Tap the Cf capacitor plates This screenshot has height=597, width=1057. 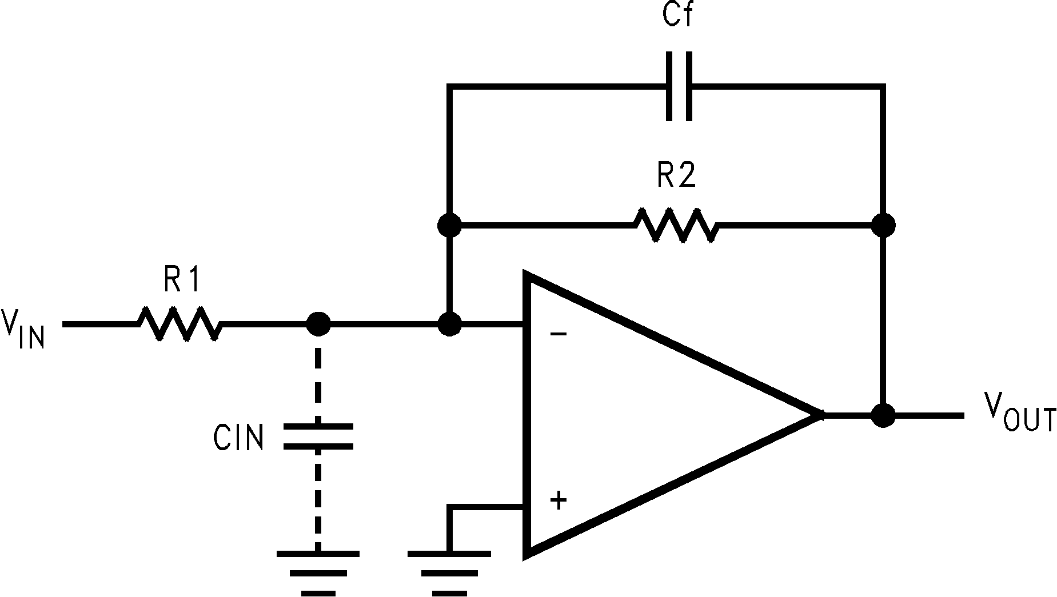click(x=679, y=86)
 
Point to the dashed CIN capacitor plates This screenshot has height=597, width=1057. click(x=318, y=436)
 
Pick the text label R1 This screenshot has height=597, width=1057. click(x=182, y=280)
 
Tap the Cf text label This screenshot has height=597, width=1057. click(x=678, y=15)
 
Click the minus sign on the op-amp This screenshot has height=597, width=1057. click(x=558, y=334)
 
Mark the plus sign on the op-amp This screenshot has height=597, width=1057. click(x=558, y=500)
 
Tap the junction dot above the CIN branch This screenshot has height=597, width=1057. click(x=318, y=324)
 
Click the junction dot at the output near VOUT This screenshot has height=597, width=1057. click(x=884, y=415)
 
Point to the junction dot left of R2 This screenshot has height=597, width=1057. click(x=449, y=225)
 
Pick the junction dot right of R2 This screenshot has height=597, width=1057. click(x=884, y=225)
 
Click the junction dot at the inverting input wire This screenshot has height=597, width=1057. click(x=449, y=324)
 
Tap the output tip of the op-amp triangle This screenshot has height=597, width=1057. click(x=821, y=415)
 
